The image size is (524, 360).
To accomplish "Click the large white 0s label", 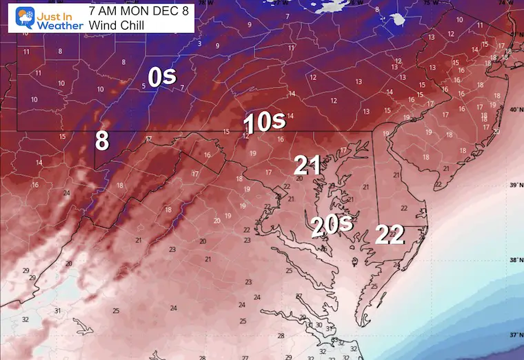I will (x=163, y=77).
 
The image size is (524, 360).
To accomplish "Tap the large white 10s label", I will (x=265, y=123).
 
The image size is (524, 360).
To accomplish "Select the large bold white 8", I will (x=102, y=141).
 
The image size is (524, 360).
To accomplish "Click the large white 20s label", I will (x=331, y=226).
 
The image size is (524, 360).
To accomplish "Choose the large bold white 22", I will (x=390, y=235).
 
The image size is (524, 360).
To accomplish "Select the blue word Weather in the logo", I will (x=56, y=25).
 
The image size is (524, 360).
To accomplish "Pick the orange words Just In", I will (x=54, y=12).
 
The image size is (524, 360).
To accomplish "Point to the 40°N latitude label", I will (x=514, y=110).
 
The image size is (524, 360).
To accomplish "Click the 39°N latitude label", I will (x=514, y=186).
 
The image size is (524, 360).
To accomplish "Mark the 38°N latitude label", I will (x=514, y=260).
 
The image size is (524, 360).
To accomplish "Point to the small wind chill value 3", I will (x=199, y=43).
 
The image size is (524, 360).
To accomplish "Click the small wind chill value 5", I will (x=144, y=86).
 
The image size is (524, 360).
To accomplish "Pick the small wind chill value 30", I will (x=319, y=326).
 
